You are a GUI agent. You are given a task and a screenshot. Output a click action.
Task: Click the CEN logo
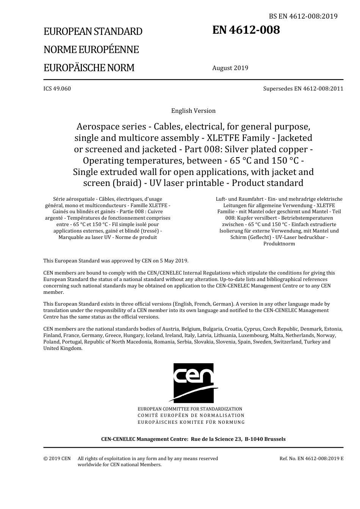click(x=194, y=383)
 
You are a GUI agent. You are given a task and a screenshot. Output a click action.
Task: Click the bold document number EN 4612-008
click(x=246, y=30)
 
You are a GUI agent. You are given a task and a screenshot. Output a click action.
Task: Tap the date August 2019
click(x=230, y=68)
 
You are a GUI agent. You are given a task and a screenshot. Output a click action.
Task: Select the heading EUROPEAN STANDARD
click(x=93, y=31)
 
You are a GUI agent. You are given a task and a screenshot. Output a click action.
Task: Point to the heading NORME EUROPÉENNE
click(x=91, y=50)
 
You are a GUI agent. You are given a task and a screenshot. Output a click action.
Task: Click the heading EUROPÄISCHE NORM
click(x=89, y=68)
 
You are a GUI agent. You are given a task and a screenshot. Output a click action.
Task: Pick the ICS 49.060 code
click(x=57, y=89)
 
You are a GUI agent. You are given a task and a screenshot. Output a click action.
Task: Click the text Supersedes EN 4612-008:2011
click(x=303, y=89)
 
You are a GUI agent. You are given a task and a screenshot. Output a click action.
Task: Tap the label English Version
click(x=193, y=111)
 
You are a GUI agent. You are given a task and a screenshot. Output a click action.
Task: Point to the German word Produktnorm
click(x=279, y=244)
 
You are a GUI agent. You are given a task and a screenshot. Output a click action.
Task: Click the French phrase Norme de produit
click(x=135, y=237)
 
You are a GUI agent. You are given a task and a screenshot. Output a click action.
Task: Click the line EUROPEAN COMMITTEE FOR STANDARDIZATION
click(x=190, y=409)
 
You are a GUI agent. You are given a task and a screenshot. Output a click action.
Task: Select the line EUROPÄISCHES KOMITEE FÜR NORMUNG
click(x=191, y=422)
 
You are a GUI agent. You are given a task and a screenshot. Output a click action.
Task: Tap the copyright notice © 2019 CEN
click(x=57, y=458)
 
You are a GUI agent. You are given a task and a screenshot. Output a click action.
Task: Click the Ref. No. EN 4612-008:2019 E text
click(x=311, y=458)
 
